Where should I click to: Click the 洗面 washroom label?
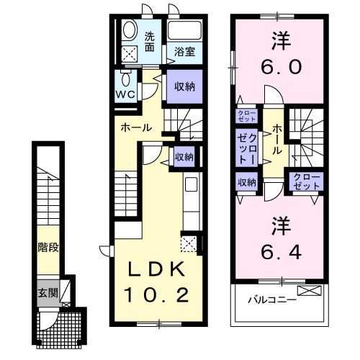(x=150, y=42)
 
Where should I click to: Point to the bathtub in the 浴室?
(x=184, y=32)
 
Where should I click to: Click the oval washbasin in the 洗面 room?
(x=130, y=30)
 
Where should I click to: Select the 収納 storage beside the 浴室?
(x=184, y=86)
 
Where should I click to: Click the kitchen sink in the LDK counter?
(x=191, y=184)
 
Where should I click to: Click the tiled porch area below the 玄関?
(x=63, y=328)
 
